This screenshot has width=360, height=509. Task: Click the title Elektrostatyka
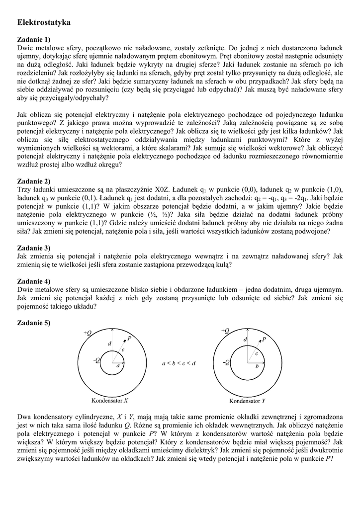[44, 22]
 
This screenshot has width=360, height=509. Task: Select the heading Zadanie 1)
[34, 39]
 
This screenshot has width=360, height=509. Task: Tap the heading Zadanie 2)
[34, 181]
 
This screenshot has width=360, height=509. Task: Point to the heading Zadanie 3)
[34, 248]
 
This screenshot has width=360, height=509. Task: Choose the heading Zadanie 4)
[34, 281]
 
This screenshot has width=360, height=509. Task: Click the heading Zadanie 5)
[34, 323]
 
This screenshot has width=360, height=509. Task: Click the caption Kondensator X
[110, 400]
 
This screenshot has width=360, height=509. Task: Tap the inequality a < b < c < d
[179, 363]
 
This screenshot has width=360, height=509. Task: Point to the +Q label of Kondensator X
[88, 333]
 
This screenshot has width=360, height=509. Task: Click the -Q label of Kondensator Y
[226, 362]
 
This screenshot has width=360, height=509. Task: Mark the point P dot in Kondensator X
[124, 340]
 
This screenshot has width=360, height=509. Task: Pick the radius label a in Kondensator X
[118, 365]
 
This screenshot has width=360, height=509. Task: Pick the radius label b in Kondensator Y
[257, 366]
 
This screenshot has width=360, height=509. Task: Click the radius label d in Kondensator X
[109, 343]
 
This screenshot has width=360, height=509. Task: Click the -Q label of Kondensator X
[96, 360]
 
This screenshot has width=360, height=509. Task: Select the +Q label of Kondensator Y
[225, 331]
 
